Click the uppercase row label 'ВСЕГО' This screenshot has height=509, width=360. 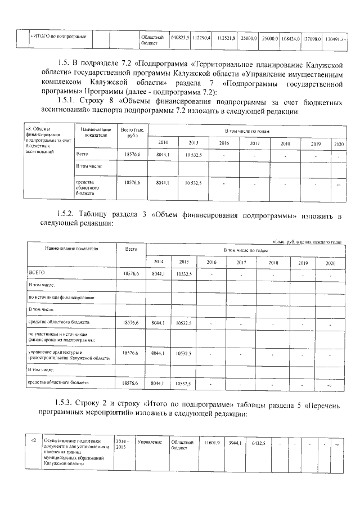coord(37,272)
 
